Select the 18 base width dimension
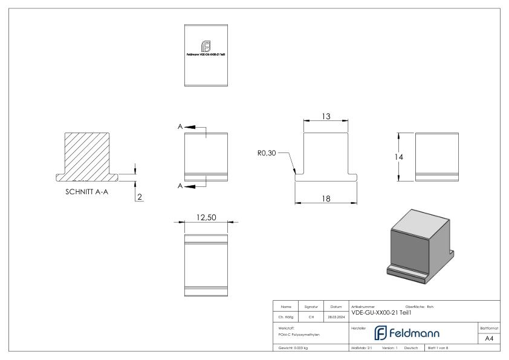point(326,198)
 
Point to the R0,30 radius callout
point(267,153)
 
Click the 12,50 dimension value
point(205,217)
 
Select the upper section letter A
point(180,126)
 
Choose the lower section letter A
point(180,186)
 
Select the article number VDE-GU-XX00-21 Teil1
point(384,312)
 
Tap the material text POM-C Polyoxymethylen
point(295,334)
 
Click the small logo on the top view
point(206,46)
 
